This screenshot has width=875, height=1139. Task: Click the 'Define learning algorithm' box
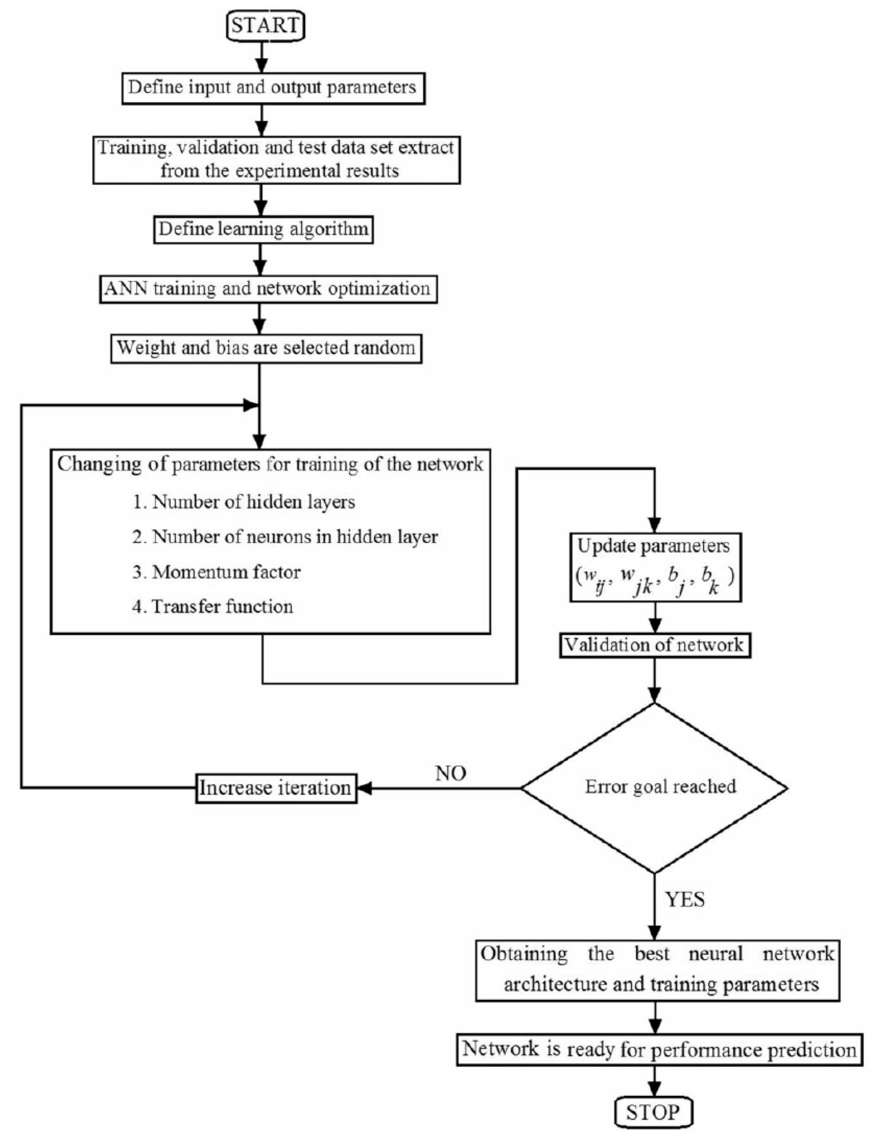[263, 229]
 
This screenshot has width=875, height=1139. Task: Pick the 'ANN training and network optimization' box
[268, 289]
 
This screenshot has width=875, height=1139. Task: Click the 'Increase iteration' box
[276, 788]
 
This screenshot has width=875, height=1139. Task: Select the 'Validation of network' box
[655, 645]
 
